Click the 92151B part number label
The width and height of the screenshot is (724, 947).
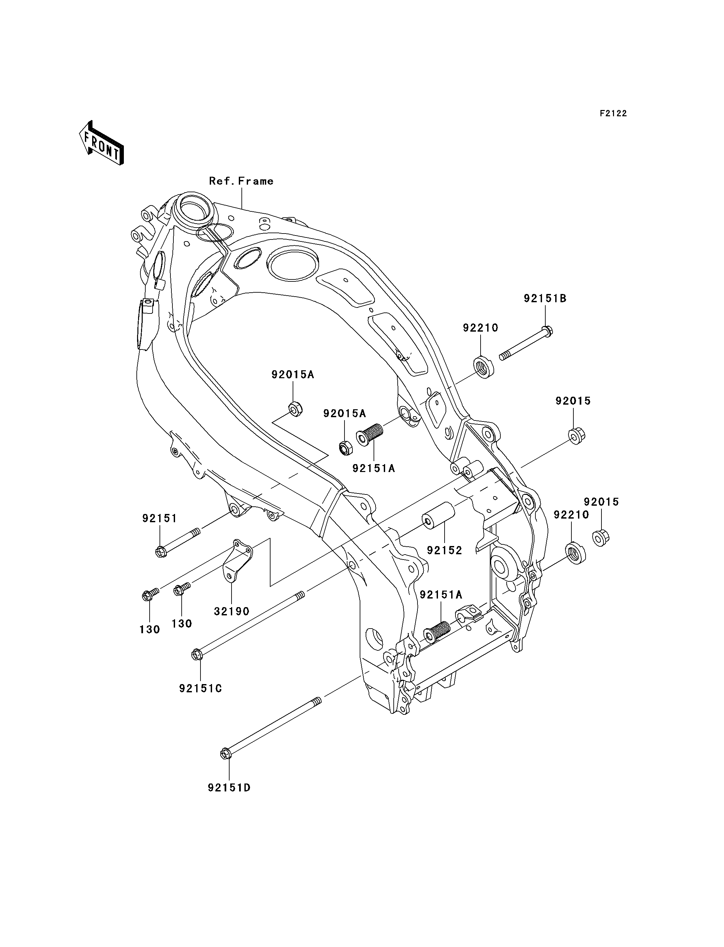click(545, 298)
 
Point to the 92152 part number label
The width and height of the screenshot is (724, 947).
click(444, 550)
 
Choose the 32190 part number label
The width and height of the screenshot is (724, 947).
click(232, 611)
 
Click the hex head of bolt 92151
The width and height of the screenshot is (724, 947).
click(160, 552)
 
